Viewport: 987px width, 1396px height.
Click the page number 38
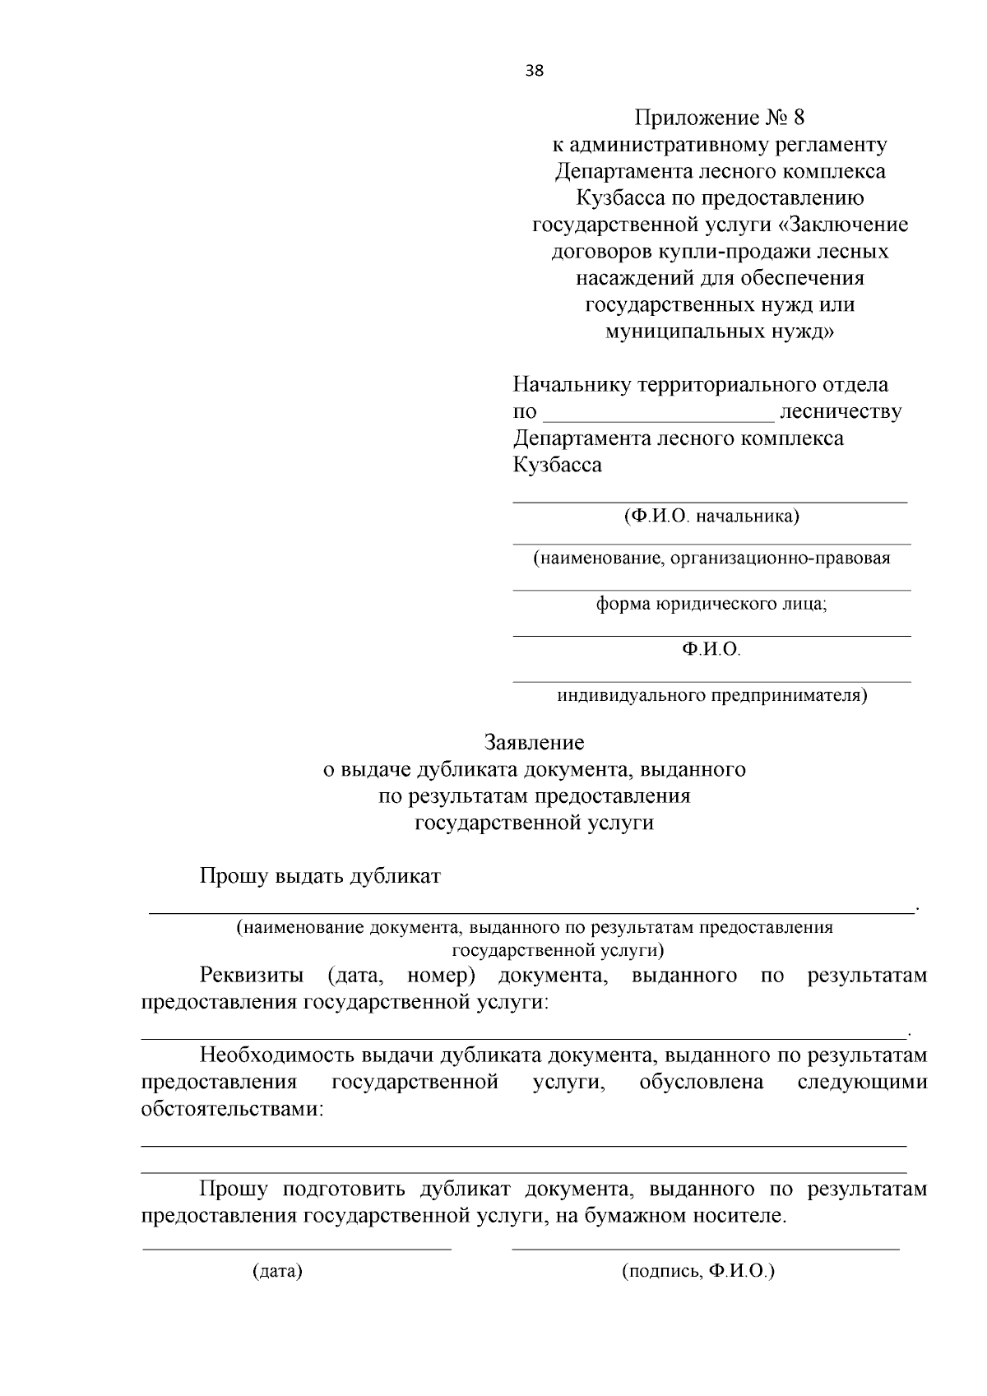tap(534, 71)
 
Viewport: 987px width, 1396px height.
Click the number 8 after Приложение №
tap(797, 118)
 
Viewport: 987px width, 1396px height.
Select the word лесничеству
tap(840, 411)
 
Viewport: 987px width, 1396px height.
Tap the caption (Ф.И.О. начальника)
tap(711, 517)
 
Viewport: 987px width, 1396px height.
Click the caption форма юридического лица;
tap(711, 604)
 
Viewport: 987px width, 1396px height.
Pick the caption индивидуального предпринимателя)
tap(711, 696)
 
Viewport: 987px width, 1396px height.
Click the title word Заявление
tap(534, 743)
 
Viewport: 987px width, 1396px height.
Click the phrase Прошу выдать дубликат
tap(320, 876)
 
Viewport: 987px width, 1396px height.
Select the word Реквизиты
tap(252, 976)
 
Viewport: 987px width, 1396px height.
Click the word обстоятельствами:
tap(233, 1109)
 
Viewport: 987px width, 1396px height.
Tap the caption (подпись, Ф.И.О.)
tap(698, 1272)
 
